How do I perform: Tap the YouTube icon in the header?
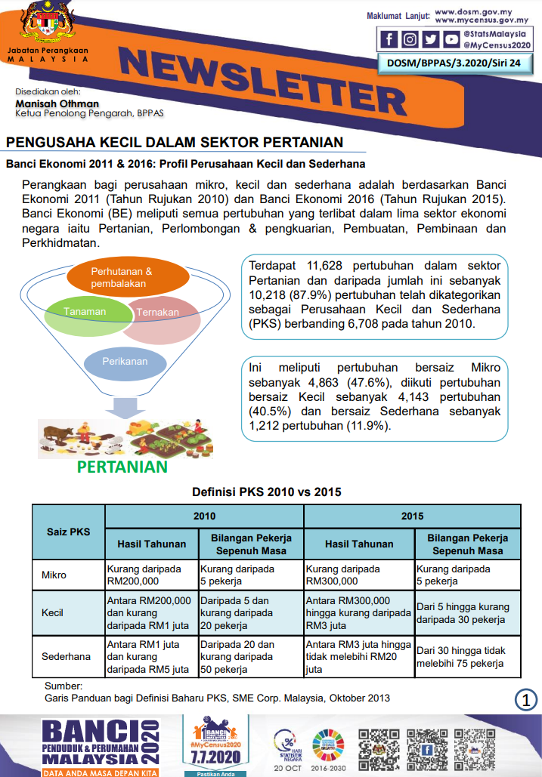click(451, 39)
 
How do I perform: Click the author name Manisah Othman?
click(57, 103)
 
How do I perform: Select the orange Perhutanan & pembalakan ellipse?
click(126, 277)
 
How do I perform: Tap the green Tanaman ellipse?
click(85, 312)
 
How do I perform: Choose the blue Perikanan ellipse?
click(125, 362)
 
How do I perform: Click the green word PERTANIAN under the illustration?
click(122, 467)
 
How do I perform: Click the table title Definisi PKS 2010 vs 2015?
click(266, 492)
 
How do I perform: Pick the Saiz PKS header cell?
click(69, 531)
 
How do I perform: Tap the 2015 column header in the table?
click(412, 516)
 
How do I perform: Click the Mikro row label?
click(54, 575)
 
